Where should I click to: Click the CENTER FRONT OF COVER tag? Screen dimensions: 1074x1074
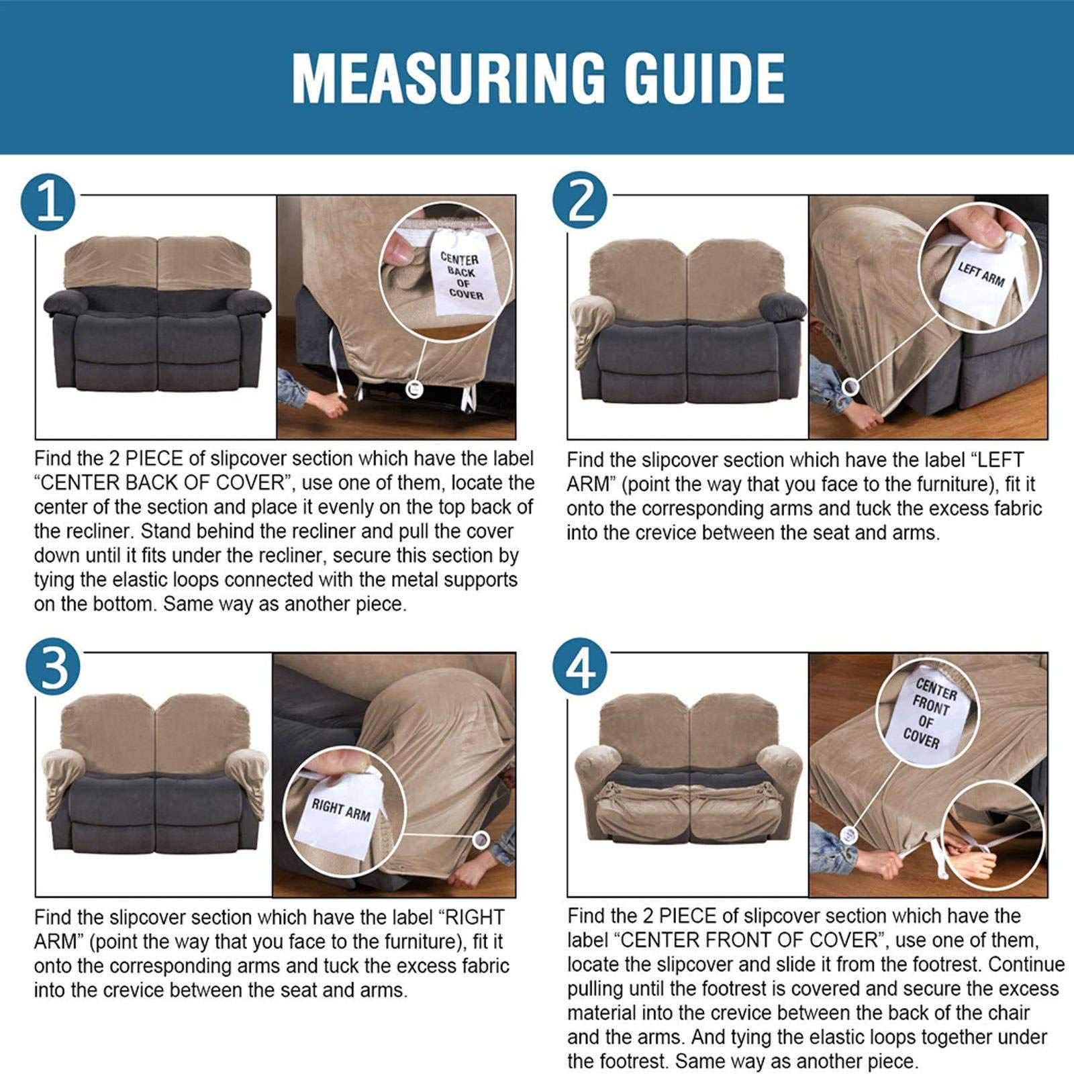click(x=929, y=714)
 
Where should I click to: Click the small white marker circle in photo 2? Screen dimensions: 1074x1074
click(x=850, y=386)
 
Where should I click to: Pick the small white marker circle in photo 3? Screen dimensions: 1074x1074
click(x=481, y=838)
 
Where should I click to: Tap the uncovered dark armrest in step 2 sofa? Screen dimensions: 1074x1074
click(x=782, y=307)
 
